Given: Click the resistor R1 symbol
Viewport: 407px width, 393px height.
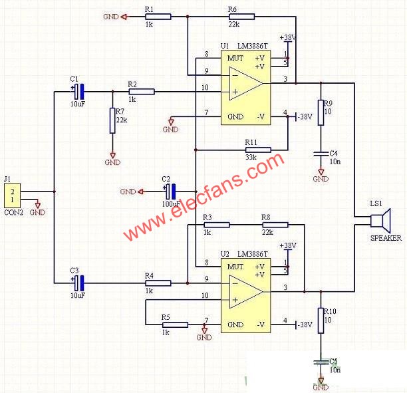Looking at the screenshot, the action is (x=158, y=17).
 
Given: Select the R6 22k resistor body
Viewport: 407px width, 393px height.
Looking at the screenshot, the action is (x=241, y=17).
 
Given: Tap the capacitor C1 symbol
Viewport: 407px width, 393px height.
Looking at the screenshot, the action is (x=78, y=91).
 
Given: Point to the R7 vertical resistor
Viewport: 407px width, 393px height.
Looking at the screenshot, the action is (x=112, y=121).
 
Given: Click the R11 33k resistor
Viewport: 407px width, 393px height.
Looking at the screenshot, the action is (x=258, y=150).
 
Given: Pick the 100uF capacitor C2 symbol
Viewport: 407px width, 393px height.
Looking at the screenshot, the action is (x=170, y=192).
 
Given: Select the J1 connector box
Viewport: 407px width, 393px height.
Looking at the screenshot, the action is (x=12, y=196).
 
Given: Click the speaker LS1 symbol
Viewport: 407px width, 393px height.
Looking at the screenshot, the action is (x=380, y=221).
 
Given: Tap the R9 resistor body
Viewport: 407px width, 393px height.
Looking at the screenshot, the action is (x=321, y=112).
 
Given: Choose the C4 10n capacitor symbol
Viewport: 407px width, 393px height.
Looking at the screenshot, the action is (x=321, y=154).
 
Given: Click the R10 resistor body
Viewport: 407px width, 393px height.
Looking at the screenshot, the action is (x=321, y=321).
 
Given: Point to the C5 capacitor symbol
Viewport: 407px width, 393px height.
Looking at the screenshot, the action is (x=321, y=362).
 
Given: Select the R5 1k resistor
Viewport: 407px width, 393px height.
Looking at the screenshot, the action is (x=175, y=325).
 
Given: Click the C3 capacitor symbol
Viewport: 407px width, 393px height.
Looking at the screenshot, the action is (x=78, y=283).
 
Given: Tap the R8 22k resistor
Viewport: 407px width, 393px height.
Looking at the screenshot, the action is (x=275, y=225).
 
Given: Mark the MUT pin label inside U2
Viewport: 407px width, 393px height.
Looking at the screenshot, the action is (x=235, y=267).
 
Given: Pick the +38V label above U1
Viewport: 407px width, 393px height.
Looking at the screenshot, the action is (x=288, y=38).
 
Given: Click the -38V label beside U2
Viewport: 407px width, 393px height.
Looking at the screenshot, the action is (x=305, y=325).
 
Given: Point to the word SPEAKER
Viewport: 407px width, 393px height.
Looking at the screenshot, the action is (x=386, y=238).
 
